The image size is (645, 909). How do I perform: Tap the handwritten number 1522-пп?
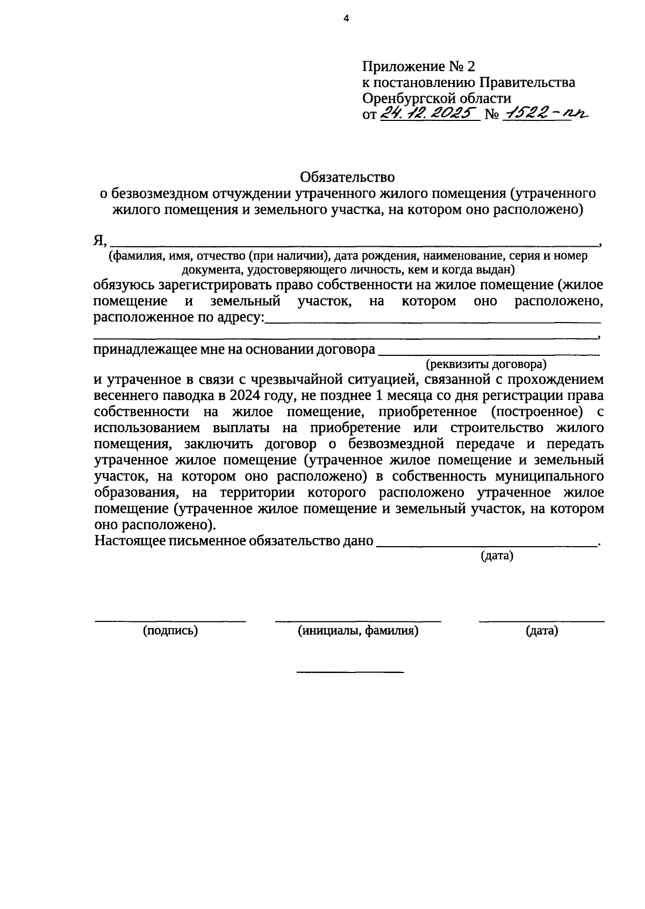543,113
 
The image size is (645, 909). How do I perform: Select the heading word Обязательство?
348,177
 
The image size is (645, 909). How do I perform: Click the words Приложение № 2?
419,67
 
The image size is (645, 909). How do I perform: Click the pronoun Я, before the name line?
101,241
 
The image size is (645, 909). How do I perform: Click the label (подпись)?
170,631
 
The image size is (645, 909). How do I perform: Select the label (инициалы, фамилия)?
358,631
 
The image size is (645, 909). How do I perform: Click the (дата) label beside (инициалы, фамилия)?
542,631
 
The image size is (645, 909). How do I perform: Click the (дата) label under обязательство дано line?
497,556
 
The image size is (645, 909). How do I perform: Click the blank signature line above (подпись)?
170,621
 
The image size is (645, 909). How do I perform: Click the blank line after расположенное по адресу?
433,321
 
